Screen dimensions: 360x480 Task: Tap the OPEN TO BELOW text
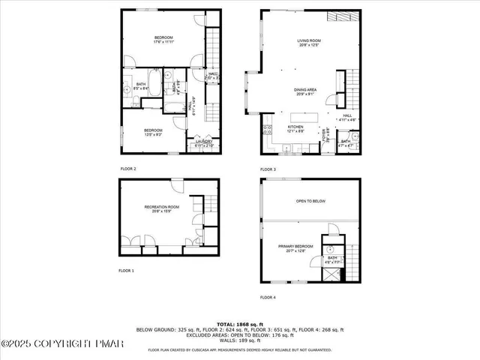pyautogui.click(x=310, y=201)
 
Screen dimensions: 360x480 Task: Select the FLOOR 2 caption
pyautogui.click(x=127, y=169)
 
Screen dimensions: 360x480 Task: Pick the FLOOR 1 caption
pyautogui.click(x=126, y=270)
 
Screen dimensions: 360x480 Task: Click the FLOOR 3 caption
pyautogui.click(x=268, y=169)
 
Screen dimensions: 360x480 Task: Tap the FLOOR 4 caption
pyautogui.click(x=268, y=297)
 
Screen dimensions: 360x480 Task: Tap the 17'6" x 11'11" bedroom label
pyautogui.click(x=163, y=40)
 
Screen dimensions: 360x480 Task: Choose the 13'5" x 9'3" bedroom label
pyautogui.click(x=153, y=132)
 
